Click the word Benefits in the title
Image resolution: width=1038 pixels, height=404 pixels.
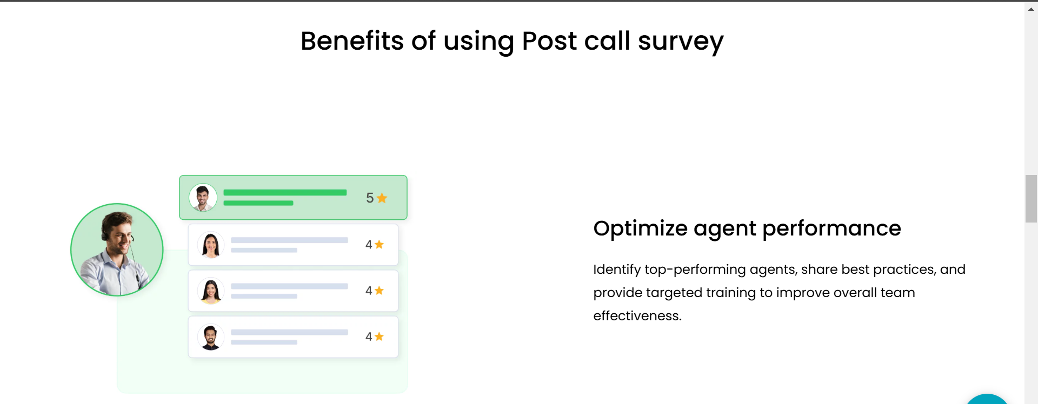(352, 41)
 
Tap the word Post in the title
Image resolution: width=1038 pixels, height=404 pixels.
(549, 41)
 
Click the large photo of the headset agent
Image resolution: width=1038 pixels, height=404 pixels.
(117, 250)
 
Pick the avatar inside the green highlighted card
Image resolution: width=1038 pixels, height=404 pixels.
(203, 198)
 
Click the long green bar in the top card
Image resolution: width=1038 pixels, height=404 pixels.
(285, 192)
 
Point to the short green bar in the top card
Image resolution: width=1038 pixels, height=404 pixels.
(258, 203)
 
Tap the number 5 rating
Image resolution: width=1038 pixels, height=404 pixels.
(370, 198)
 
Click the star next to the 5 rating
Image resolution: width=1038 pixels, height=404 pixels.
(382, 198)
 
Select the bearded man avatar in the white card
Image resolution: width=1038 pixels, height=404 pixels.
(210, 337)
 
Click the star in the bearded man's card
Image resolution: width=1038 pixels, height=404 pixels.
(379, 336)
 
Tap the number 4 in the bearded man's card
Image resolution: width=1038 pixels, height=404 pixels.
(369, 337)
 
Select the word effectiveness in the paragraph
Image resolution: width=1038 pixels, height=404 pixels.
(637, 315)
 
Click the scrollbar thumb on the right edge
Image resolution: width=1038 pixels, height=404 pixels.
(1031, 199)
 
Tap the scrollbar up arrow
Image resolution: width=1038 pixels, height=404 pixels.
(1031, 9)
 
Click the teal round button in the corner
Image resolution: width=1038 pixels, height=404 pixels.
(987, 399)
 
